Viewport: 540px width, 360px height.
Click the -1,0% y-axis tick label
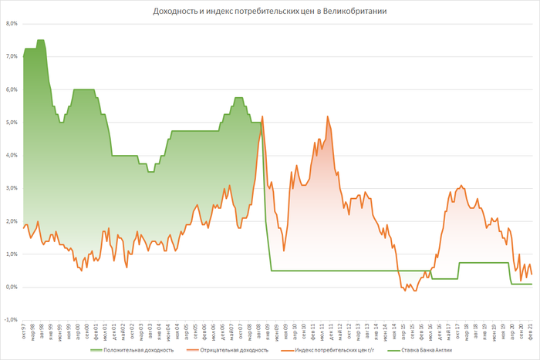pos(10,320)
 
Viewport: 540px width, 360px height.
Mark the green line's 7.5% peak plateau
pos(40,40)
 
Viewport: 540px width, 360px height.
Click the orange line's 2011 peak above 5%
pos(328,116)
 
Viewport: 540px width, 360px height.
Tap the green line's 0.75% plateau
pos(486,262)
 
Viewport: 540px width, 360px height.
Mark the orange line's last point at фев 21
pos(532,274)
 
